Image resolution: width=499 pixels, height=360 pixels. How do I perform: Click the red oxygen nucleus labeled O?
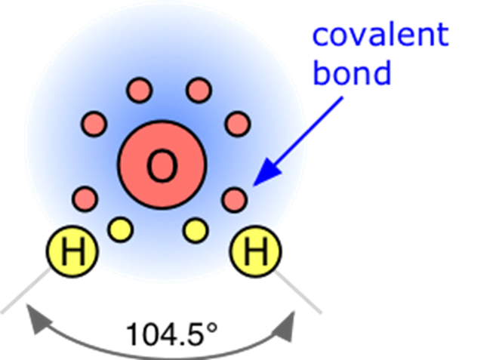click(162, 165)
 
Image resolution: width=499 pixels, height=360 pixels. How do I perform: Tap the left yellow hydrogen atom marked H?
click(72, 252)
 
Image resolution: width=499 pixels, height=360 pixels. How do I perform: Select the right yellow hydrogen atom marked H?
click(256, 252)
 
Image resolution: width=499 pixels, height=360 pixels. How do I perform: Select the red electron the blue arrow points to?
click(236, 200)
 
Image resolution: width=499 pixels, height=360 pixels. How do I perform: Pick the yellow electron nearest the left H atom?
click(120, 229)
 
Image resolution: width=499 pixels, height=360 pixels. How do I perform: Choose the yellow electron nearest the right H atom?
click(196, 229)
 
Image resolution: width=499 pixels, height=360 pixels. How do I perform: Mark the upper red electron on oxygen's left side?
click(94, 123)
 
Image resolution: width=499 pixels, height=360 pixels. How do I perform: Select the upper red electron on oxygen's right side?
click(237, 123)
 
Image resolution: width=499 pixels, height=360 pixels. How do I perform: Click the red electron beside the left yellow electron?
click(85, 200)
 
